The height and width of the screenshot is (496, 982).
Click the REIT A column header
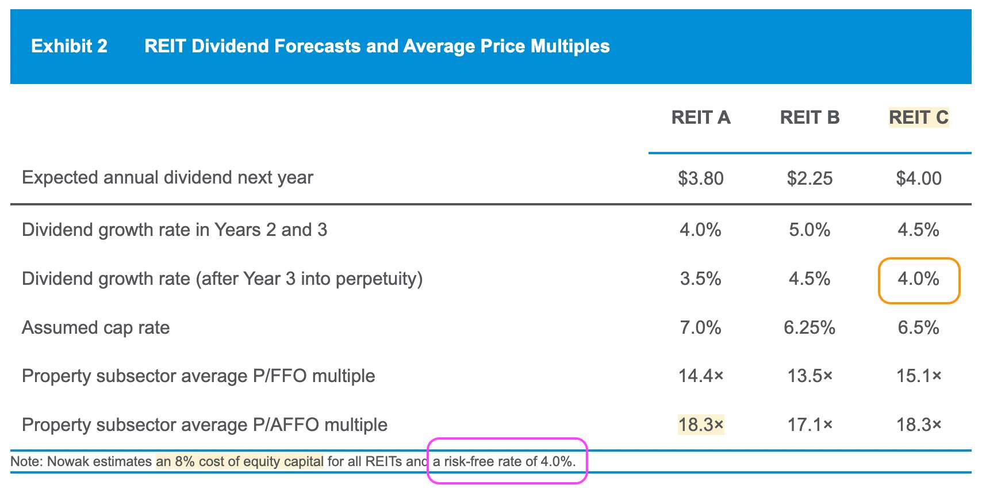click(700, 117)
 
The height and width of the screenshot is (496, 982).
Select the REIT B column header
click(810, 117)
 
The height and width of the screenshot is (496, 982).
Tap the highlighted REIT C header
click(918, 117)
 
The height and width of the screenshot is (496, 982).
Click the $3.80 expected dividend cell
click(700, 178)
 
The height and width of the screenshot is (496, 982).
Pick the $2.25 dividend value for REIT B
click(810, 178)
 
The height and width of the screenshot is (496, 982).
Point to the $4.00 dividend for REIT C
click(918, 178)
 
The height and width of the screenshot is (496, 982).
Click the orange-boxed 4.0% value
click(918, 279)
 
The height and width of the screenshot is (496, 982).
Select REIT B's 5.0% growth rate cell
click(810, 230)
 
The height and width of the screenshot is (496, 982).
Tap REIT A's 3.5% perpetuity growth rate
click(700, 279)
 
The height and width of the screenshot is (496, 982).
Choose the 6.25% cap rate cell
click(810, 328)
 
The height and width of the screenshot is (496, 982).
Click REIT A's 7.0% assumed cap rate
click(700, 328)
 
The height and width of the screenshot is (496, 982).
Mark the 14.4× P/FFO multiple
click(700, 376)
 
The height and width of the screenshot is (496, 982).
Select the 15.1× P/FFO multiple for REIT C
click(918, 376)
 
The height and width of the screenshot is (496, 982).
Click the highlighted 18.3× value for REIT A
click(700, 425)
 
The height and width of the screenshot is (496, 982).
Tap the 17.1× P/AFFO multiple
click(810, 425)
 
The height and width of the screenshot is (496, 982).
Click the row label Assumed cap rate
click(95, 328)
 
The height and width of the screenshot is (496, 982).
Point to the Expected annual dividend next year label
click(167, 178)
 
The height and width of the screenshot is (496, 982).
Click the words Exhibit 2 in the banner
click(69, 46)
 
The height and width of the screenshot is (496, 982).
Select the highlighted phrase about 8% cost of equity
click(240, 461)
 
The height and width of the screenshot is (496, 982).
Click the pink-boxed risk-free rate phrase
click(504, 461)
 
